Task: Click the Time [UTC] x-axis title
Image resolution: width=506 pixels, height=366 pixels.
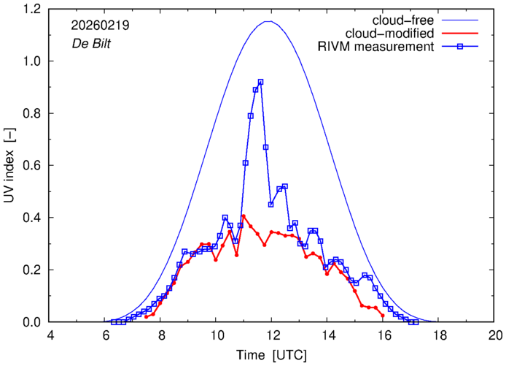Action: tap(270, 355)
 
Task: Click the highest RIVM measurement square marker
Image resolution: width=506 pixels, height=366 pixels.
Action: tap(260, 82)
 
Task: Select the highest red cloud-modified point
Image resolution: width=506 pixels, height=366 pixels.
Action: tap(244, 216)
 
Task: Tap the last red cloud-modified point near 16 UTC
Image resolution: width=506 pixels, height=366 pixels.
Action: tap(383, 316)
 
